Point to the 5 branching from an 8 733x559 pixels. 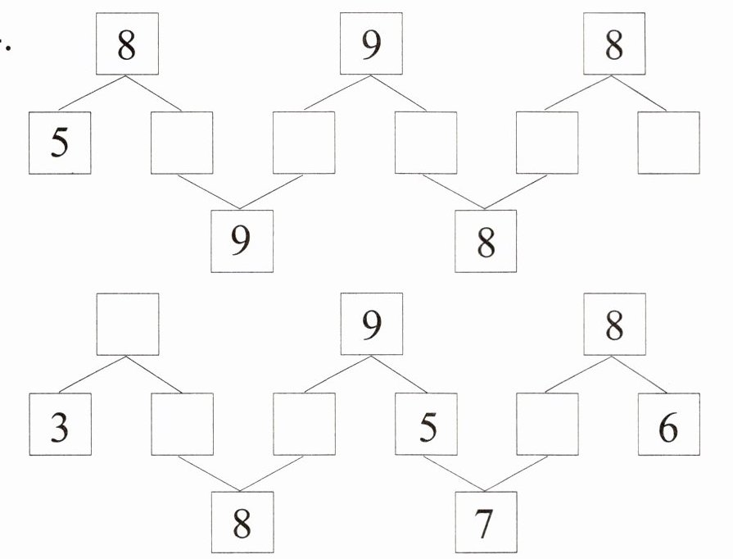(60, 143)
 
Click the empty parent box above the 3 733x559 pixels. (127, 325)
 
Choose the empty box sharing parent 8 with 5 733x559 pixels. (182, 143)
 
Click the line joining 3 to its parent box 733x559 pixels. (93, 375)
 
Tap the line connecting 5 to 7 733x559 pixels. (454, 472)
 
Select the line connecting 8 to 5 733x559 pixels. (92, 94)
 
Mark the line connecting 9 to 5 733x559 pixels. (398, 375)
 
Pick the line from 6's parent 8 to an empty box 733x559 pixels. (580, 375)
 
